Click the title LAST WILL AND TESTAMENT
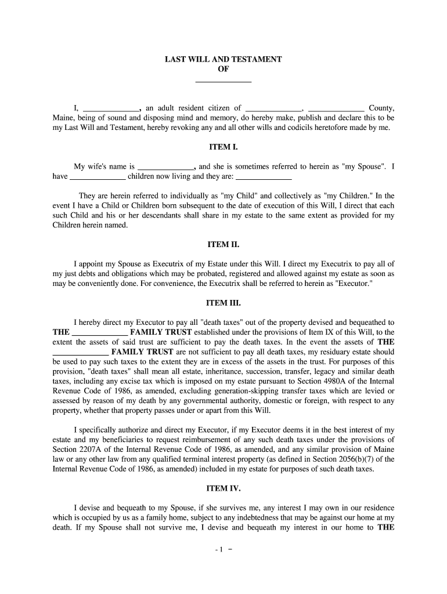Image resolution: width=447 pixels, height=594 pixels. [x=223, y=60]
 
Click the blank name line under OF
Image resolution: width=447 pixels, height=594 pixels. [x=223, y=79]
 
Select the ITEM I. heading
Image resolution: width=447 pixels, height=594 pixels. [x=223, y=147]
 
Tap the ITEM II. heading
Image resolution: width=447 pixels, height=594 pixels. [x=223, y=245]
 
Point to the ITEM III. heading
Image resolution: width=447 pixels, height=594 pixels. [x=223, y=303]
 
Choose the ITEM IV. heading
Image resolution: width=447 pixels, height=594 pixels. [x=223, y=488]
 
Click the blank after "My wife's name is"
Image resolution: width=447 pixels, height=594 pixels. [x=164, y=166]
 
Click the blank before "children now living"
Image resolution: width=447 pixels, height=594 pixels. [x=98, y=176]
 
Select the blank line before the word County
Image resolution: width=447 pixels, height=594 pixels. [x=336, y=108]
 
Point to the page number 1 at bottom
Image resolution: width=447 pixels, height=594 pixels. [x=223, y=548]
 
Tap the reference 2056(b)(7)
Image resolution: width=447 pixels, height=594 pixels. [x=355, y=459]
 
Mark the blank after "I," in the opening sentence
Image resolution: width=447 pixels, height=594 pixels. [x=111, y=108]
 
